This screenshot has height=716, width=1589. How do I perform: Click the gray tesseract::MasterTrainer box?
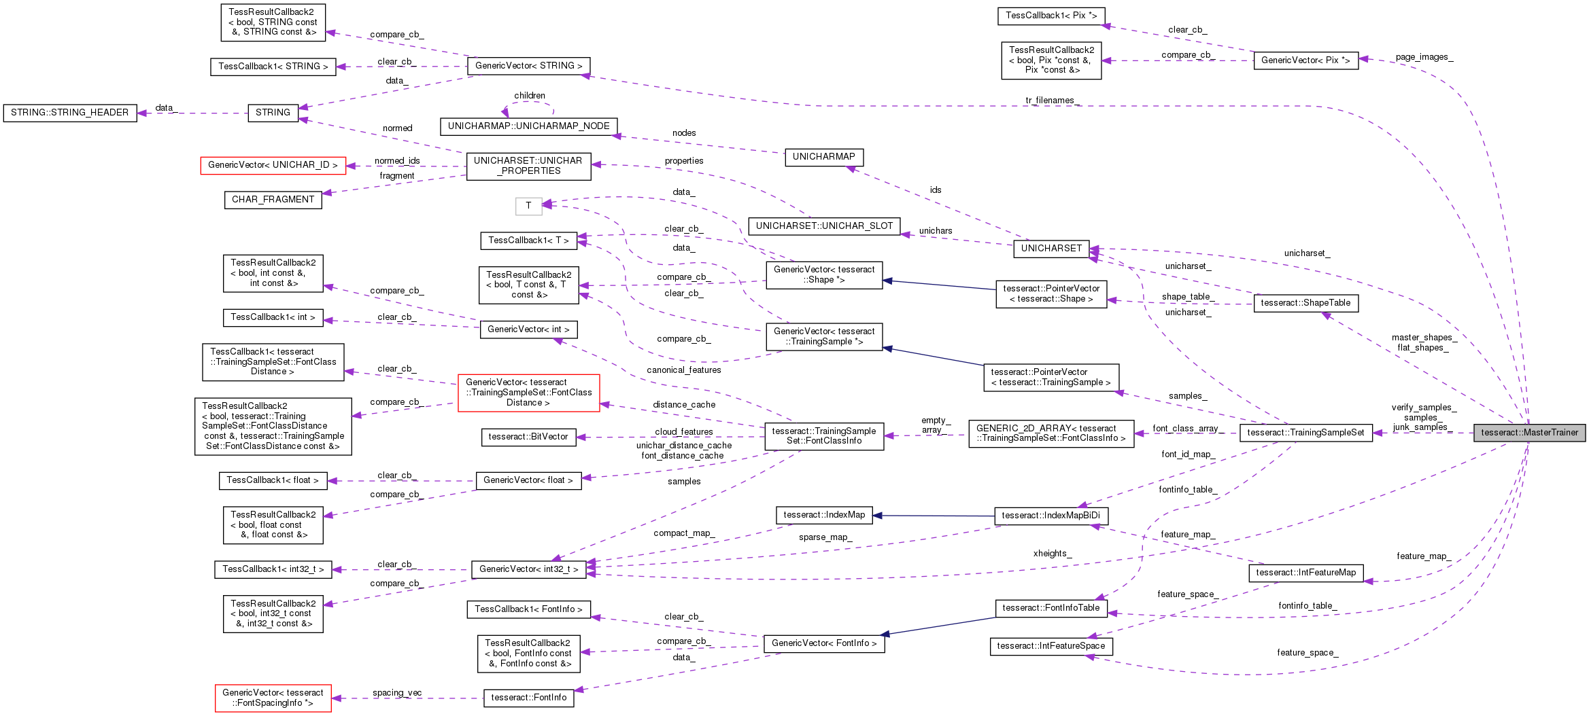pyautogui.click(x=1529, y=433)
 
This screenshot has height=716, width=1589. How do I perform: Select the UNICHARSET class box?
pyautogui.click(x=1051, y=249)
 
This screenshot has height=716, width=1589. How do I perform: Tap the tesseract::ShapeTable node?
pyautogui.click(x=1305, y=303)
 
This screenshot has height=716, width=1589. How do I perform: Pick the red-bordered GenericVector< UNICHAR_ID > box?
pyautogui.click(x=273, y=165)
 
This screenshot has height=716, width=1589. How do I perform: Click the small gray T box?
pyautogui.click(x=528, y=206)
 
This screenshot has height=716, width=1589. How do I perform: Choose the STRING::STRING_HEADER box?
pyautogui.click(x=69, y=113)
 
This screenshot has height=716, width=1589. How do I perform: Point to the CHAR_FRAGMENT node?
pyautogui.click(x=273, y=200)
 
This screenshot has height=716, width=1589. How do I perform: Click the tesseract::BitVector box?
pyautogui.click(x=528, y=437)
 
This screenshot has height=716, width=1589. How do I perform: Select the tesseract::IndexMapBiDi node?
pyautogui.click(x=1050, y=516)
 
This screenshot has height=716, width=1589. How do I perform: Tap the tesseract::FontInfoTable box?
pyautogui.click(x=1050, y=608)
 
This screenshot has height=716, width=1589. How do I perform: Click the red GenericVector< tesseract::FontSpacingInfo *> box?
pyautogui.click(x=273, y=698)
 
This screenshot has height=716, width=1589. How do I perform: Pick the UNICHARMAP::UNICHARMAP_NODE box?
pyautogui.click(x=528, y=126)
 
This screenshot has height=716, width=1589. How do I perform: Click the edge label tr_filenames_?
pyautogui.click(x=1052, y=101)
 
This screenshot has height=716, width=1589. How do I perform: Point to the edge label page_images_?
pyautogui.click(x=1424, y=57)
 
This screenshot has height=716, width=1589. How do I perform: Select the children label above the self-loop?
pyautogui.click(x=529, y=96)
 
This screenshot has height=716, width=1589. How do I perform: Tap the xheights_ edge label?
pyautogui.click(x=1052, y=554)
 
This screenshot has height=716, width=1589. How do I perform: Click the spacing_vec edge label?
pyautogui.click(x=396, y=693)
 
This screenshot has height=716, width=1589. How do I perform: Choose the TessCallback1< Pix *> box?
pyautogui.click(x=1051, y=16)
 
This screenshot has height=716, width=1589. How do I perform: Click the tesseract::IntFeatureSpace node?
pyautogui.click(x=1050, y=646)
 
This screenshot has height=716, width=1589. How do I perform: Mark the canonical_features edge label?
pyautogui.click(x=683, y=370)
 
